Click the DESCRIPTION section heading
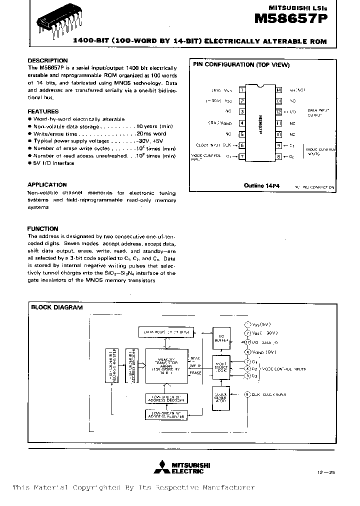click(x=47, y=60)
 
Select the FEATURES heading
click(x=43, y=111)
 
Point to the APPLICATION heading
click(x=47, y=184)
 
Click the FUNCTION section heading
click(x=42, y=228)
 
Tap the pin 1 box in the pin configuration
click(x=242, y=90)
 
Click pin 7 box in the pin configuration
click(x=242, y=156)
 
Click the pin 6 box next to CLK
click(x=242, y=145)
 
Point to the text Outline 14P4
click(x=261, y=185)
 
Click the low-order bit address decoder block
click(x=166, y=398)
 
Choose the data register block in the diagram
click(x=166, y=332)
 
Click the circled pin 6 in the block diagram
click(x=246, y=394)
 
